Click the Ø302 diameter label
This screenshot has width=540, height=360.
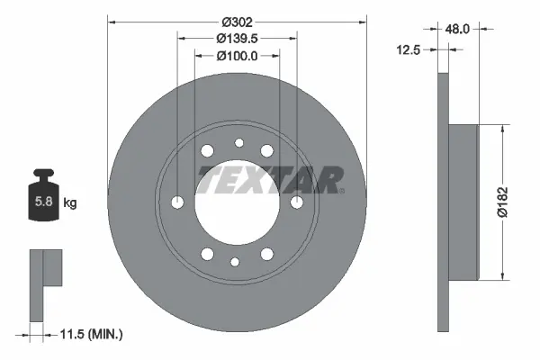coord(237,22)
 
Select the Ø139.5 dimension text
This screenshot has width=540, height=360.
coord(237,39)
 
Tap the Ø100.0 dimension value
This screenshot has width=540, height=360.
coord(237,56)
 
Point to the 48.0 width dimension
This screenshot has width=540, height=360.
coord(457,30)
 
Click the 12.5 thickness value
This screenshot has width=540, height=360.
coord(409,50)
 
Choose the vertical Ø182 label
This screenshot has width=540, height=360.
coord(503,202)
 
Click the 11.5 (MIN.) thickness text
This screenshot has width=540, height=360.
coord(91,334)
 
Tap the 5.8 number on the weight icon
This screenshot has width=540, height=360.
coord(44,202)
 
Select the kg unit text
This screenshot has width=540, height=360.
coord(70,202)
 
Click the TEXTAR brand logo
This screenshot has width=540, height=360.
coord(270,180)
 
